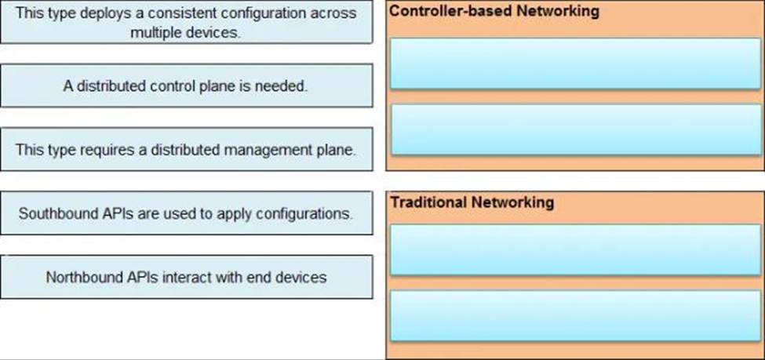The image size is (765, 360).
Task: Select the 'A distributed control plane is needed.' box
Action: pos(187,85)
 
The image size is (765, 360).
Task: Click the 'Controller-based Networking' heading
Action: pos(494,11)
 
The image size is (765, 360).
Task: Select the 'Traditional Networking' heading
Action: pos(472,202)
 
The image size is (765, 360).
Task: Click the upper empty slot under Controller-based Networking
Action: pos(576,64)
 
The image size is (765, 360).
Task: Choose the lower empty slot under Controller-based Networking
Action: pos(576,129)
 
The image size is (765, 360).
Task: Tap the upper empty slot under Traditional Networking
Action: pos(576,249)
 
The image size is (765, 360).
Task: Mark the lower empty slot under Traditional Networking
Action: pos(576,315)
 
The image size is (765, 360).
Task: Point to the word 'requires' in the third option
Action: pos(93,150)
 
